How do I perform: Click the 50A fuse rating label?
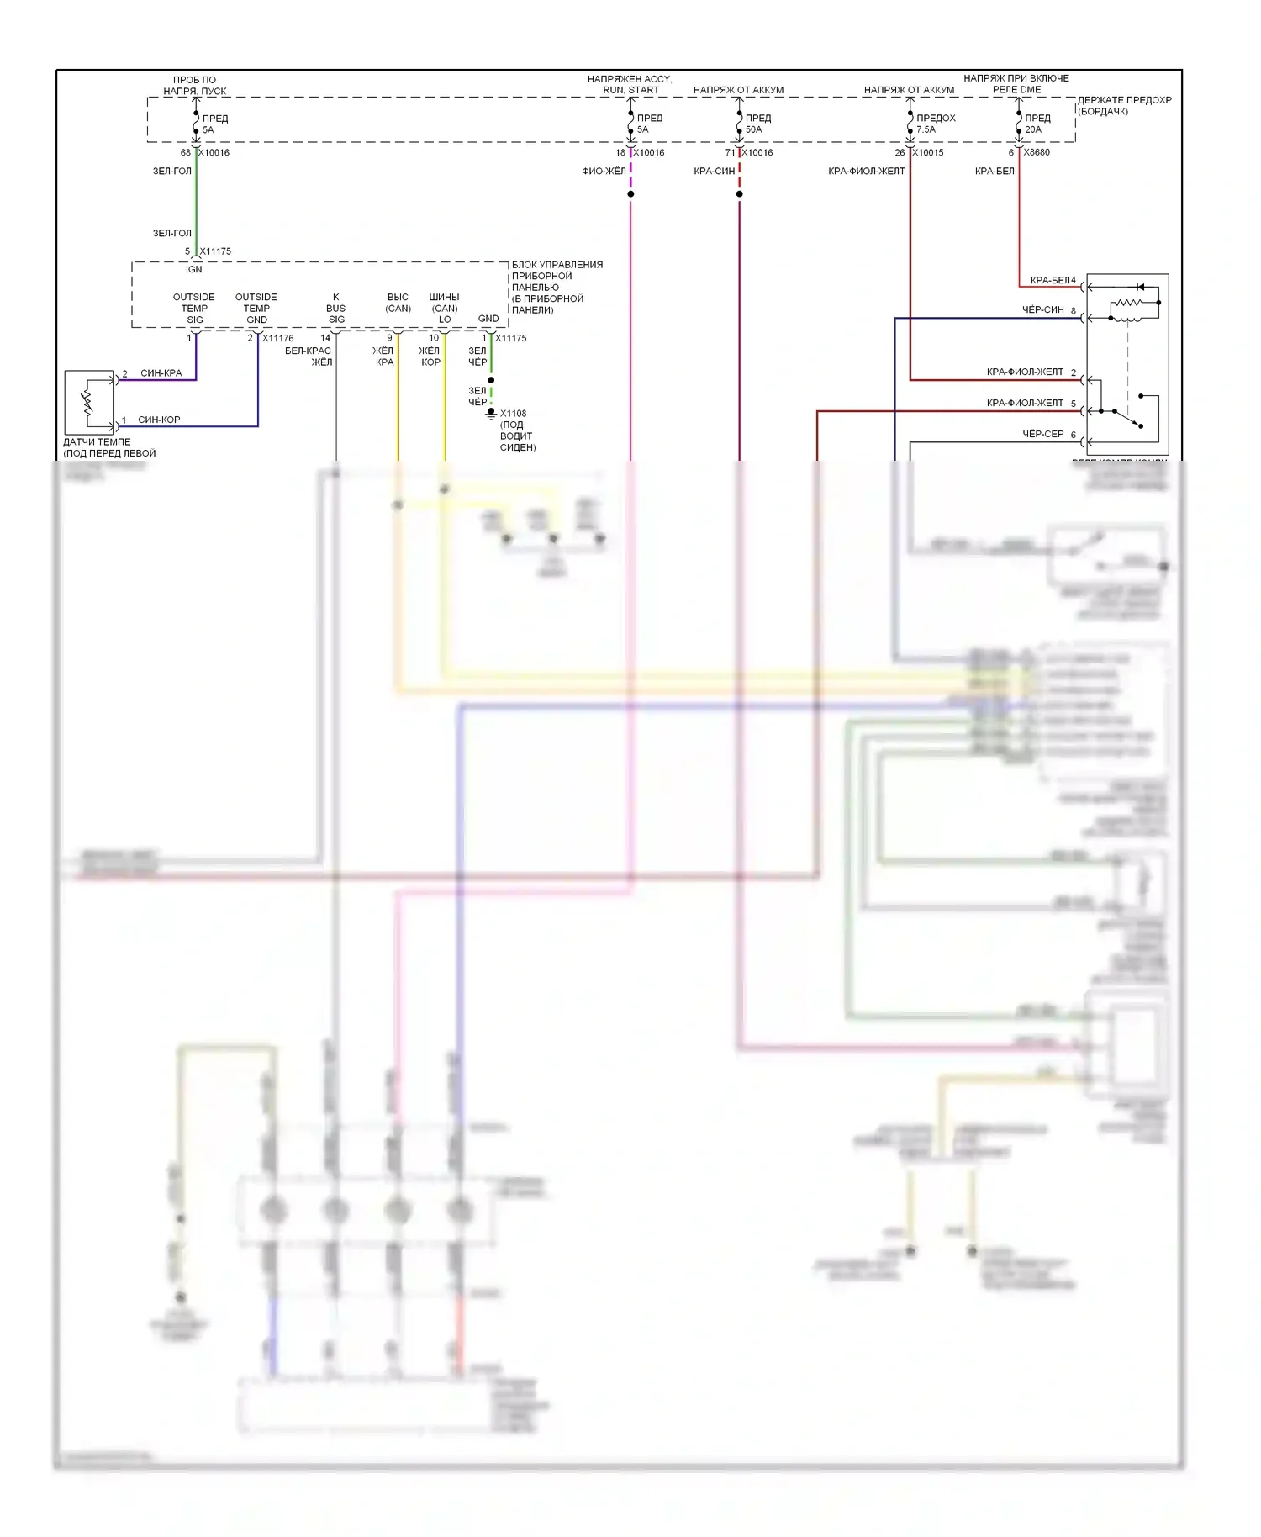pyautogui.click(x=753, y=129)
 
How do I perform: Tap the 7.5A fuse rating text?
pyautogui.click(x=926, y=129)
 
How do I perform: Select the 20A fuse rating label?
pyautogui.click(x=1033, y=129)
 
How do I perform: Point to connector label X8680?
pyautogui.click(x=1037, y=152)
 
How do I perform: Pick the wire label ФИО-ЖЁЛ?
pyautogui.click(x=604, y=171)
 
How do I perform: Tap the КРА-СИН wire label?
pyautogui.click(x=715, y=171)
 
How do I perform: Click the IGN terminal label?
pyautogui.click(x=194, y=269)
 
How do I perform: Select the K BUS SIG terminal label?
pyautogui.click(x=336, y=308)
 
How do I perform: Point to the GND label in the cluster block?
pyautogui.click(x=488, y=319)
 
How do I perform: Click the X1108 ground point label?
pyautogui.click(x=513, y=414)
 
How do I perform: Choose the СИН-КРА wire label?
pyautogui.click(x=161, y=372)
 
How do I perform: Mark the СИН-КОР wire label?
pyautogui.click(x=159, y=420)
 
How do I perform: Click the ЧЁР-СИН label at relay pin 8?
pyautogui.click(x=1043, y=309)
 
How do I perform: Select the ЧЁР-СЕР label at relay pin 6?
pyautogui.click(x=1043, y=434)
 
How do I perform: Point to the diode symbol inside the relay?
pyautogui.click(x=1141, y=288)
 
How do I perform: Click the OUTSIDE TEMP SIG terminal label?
pyautogui.click(x=194, y=308)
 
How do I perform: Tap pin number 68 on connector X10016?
pyautogui.click(x=186, y=153)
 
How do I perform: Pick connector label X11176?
pyautogui.click(x=277, y=338)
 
